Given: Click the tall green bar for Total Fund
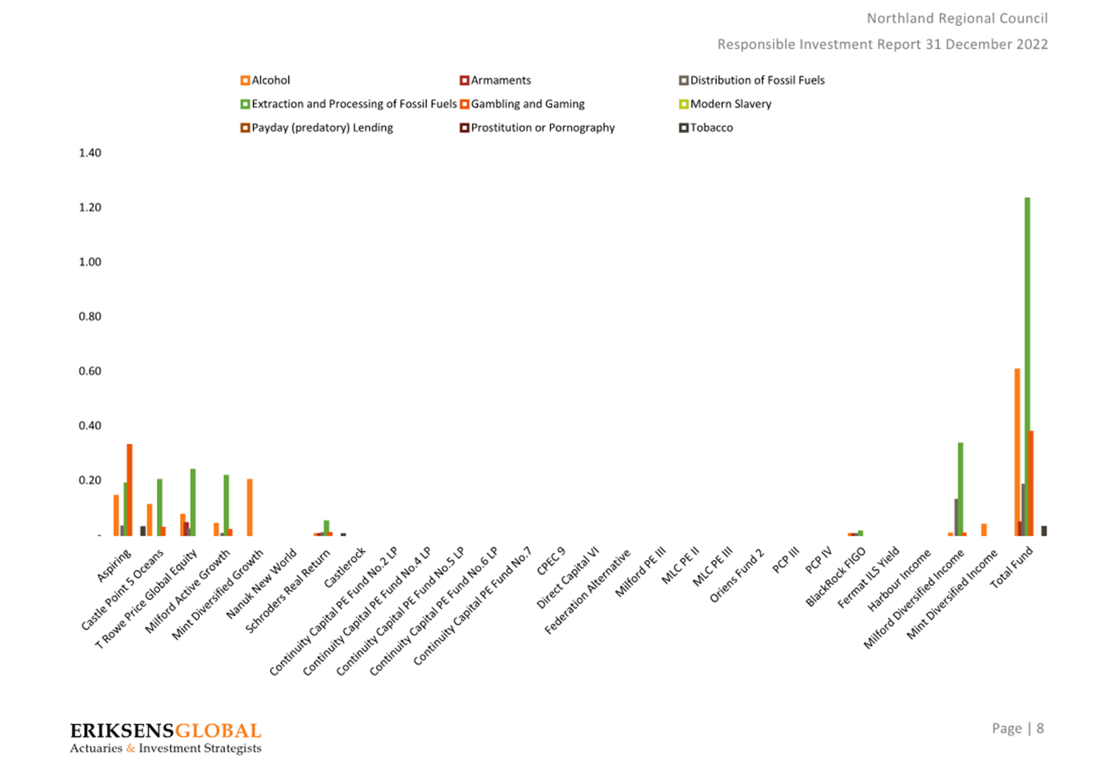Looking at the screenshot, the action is click(1027, 367).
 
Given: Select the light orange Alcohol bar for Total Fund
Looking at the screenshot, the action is click(1017, 452).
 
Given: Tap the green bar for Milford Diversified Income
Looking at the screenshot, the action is click(960, 489).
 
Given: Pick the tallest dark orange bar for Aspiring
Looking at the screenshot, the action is click(129, 490).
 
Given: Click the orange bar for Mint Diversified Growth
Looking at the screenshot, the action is click(250, 507).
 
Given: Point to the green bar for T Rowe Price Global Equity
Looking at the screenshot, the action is click(193, 502).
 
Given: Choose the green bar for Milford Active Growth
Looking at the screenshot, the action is click(226, 506).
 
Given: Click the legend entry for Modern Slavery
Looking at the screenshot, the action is click(725, 104).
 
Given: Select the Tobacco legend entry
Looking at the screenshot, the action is click(706, 128).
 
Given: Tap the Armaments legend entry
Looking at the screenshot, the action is click(495, 80).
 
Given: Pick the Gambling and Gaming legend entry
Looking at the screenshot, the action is click(522, 104).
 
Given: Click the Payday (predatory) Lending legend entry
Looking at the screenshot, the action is click(316, 128).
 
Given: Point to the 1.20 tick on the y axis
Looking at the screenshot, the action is click(90, 207).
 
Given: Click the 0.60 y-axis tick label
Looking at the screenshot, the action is click(90, 371).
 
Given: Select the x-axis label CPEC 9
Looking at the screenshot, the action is click(551, 561).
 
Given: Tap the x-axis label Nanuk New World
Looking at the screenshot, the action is click(262, 584).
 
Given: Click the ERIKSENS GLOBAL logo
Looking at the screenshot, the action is click(166, 737).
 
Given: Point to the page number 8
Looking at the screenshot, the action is click(1040, 729).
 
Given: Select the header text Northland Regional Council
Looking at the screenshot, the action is click(957, 18).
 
